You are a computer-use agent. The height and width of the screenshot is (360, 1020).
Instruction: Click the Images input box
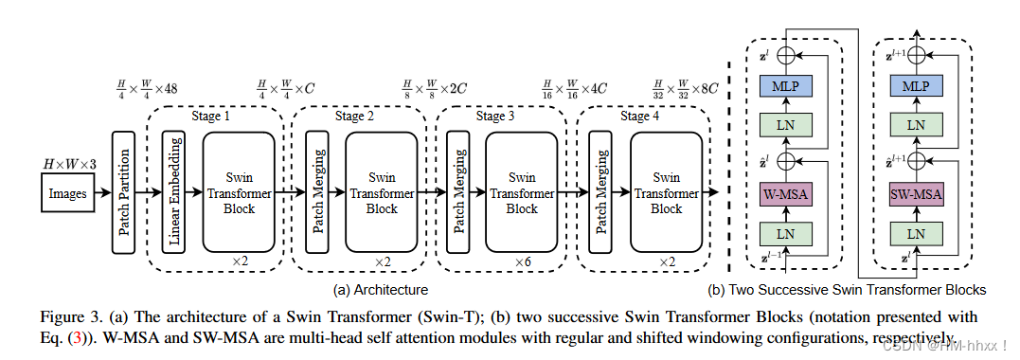click(67, 193)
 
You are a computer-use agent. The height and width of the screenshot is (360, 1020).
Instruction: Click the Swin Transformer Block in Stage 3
click(521, 193)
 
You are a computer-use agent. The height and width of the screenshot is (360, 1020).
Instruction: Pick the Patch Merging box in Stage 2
click(317, 193)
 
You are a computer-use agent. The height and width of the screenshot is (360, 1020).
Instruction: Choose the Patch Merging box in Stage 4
click(598, 193)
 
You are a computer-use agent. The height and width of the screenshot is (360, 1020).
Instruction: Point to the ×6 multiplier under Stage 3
click(522, 261)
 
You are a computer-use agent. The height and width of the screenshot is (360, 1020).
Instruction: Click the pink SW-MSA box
click(915, 194)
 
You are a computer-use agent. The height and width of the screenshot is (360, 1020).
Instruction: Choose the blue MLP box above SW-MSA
click(915, 86)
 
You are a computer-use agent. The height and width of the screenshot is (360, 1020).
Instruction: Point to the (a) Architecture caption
click(381, 289)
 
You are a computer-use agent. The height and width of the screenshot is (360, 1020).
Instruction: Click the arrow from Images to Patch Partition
click(102, 193)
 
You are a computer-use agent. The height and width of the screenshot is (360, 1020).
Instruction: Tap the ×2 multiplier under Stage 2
click(381, 261)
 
